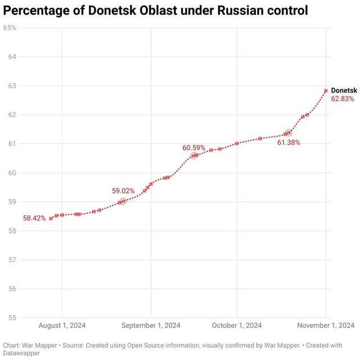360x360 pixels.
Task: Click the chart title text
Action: (156, 10)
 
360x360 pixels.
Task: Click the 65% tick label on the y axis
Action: (10, 28)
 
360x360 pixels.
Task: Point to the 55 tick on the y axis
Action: (12, 318)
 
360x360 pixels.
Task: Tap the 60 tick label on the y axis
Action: (12, 173)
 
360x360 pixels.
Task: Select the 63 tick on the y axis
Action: (12, 85)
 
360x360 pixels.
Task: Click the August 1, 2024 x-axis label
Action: (62, 325)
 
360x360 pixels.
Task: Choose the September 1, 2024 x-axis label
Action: (151, 325)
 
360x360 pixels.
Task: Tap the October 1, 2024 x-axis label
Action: (237, 325)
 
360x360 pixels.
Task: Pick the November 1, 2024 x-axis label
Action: (326, 325)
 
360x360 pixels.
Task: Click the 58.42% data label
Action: (34, 218)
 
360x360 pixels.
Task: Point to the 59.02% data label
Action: (124, 191)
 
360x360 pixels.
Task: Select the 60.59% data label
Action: (194, 148)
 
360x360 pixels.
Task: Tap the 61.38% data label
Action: (289, 143)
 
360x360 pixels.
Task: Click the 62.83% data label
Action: (343, 99)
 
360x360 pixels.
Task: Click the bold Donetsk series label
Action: (344, 91)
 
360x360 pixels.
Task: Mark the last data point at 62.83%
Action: (326, 91)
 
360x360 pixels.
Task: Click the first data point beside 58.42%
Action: (51, 218)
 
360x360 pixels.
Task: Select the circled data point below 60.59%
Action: (194, 155)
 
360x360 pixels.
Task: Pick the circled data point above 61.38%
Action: (289, 133)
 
